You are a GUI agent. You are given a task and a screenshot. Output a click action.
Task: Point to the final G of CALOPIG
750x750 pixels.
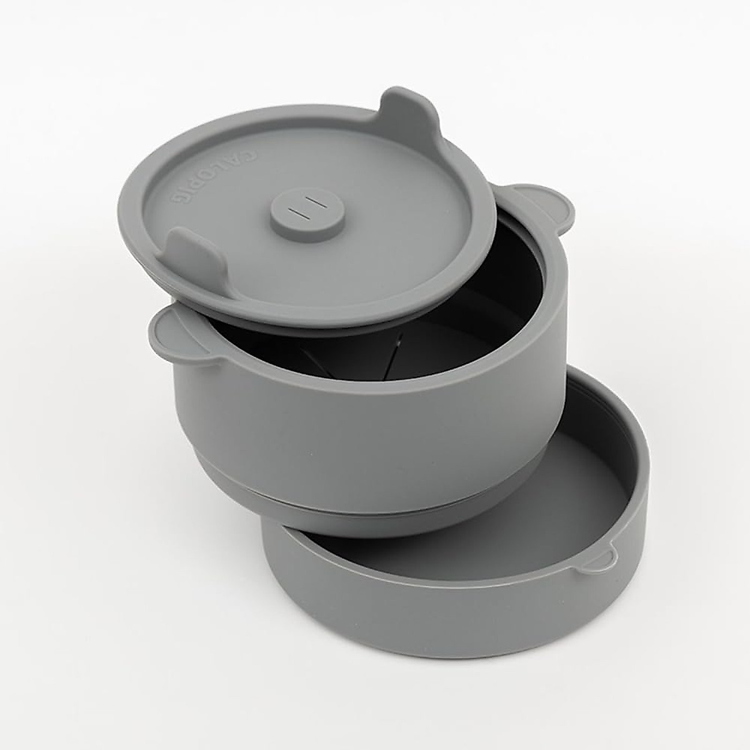coord(177,201)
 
